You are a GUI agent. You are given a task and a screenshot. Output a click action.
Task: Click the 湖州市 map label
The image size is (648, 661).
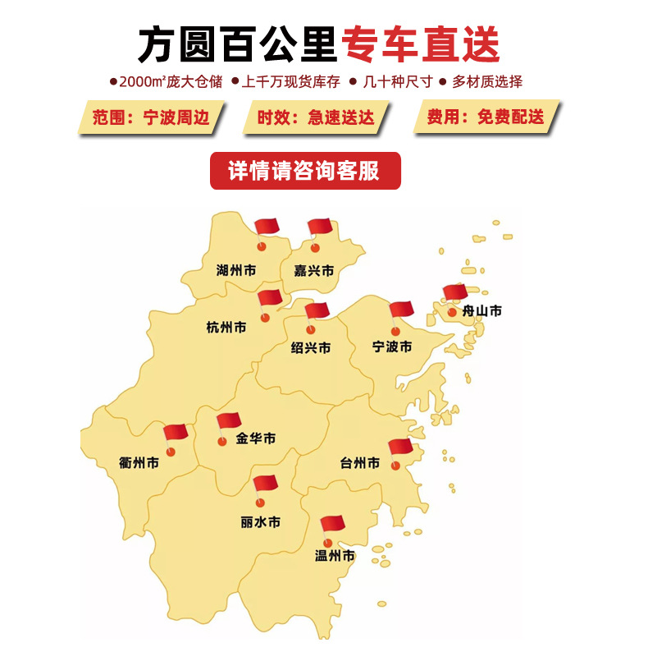point(236,269)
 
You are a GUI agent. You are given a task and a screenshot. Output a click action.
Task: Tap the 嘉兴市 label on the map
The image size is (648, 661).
point(314,270)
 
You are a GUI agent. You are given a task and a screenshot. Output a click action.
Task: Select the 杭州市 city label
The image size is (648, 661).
point(226,327)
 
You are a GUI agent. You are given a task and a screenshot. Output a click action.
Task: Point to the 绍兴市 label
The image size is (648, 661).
point(311,347)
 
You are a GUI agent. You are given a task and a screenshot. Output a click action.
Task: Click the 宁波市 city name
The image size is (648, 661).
point(392,346)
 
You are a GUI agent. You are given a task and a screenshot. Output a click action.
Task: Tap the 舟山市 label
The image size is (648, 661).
point(482,310)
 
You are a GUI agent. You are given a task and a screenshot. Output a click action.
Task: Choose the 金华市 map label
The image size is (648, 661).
point(256,438)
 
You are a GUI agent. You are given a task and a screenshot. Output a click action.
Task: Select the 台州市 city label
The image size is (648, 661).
point(360,463)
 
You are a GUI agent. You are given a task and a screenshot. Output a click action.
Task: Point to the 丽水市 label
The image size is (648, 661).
point(261,521)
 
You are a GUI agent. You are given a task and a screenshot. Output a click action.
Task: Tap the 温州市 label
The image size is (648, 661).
point(335,556)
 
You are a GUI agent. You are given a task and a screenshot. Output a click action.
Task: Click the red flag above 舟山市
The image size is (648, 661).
point(454,292)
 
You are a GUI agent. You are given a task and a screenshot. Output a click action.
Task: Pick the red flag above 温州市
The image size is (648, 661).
point(332,524)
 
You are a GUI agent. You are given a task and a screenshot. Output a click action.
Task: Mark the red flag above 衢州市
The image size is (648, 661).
point(176,433)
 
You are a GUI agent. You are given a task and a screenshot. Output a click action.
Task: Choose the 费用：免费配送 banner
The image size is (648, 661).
point(486,117)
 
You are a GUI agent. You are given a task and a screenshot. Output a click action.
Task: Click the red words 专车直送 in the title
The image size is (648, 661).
point(421,44)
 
